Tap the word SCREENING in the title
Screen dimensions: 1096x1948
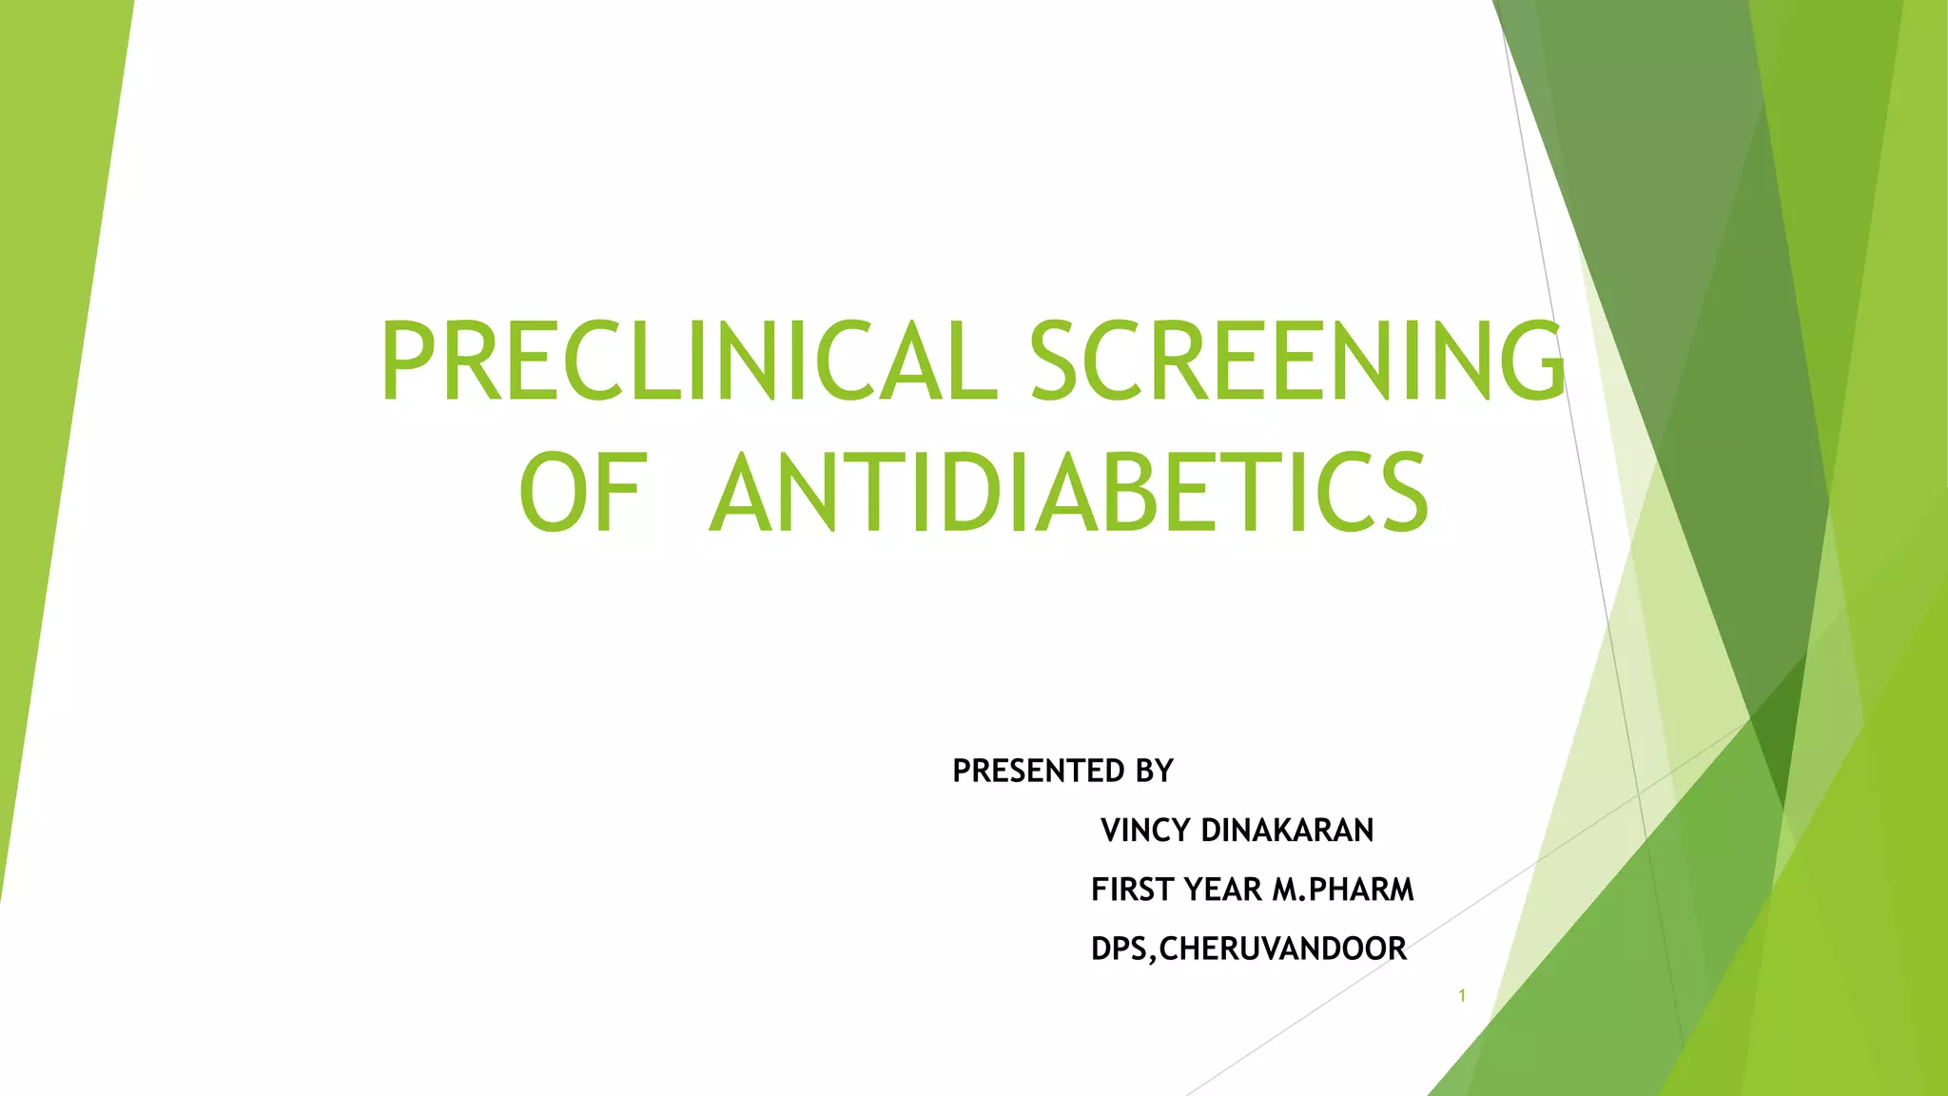coord(1297,362)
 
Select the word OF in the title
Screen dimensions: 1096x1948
coord(583,493)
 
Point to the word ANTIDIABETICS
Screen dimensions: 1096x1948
coord(1069,493)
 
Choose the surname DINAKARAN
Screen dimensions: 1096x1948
coord(1288,831)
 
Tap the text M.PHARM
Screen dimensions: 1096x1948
coord(1344,890)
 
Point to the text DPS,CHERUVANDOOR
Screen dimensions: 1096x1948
coord(1249,949)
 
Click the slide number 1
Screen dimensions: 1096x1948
coord(1462,996)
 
